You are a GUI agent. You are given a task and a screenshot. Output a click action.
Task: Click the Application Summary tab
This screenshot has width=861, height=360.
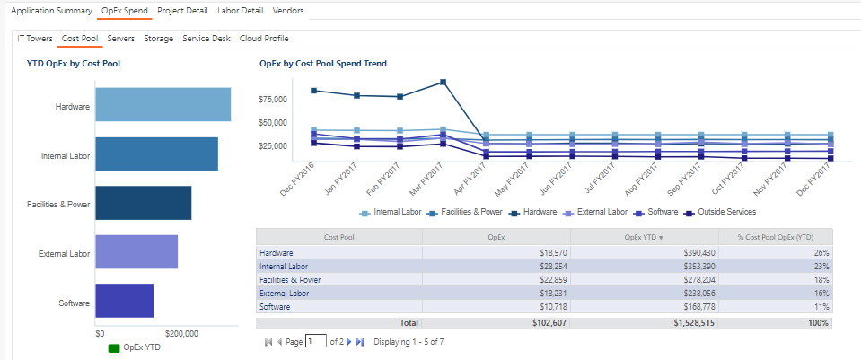pyautogui.click(x=51, y=12)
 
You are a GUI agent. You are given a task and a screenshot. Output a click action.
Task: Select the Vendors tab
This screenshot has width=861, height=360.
pyautogui.click(x=287, y=12)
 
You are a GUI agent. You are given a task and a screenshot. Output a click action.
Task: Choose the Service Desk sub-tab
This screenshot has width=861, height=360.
pyautogui.click(x=206, y=39)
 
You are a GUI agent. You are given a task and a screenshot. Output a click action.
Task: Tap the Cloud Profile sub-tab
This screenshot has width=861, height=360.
pyautogui.click(x=264, y=39)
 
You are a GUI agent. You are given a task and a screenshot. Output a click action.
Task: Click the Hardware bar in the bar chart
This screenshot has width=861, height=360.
pyautogui.click(x=163, y=105)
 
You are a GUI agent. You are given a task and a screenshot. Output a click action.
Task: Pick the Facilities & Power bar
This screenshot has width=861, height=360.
pyautogui.click(x=143, y=203)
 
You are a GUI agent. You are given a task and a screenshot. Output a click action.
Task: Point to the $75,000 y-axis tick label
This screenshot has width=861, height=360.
pyautogui.click(x=273, y=100)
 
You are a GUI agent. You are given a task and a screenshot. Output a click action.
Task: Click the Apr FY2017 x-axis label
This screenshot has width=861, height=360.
pyautogui.click(x=469, y=172)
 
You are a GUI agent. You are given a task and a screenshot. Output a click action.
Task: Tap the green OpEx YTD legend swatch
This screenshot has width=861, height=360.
pyautogui.click(x=113, y=347)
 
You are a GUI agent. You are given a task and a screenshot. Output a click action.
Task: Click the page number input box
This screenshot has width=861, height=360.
pyautogui.click(x=315, y=341)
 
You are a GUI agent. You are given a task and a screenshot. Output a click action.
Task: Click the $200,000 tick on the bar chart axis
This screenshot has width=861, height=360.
pyautogui.click(x=181, y=333)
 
